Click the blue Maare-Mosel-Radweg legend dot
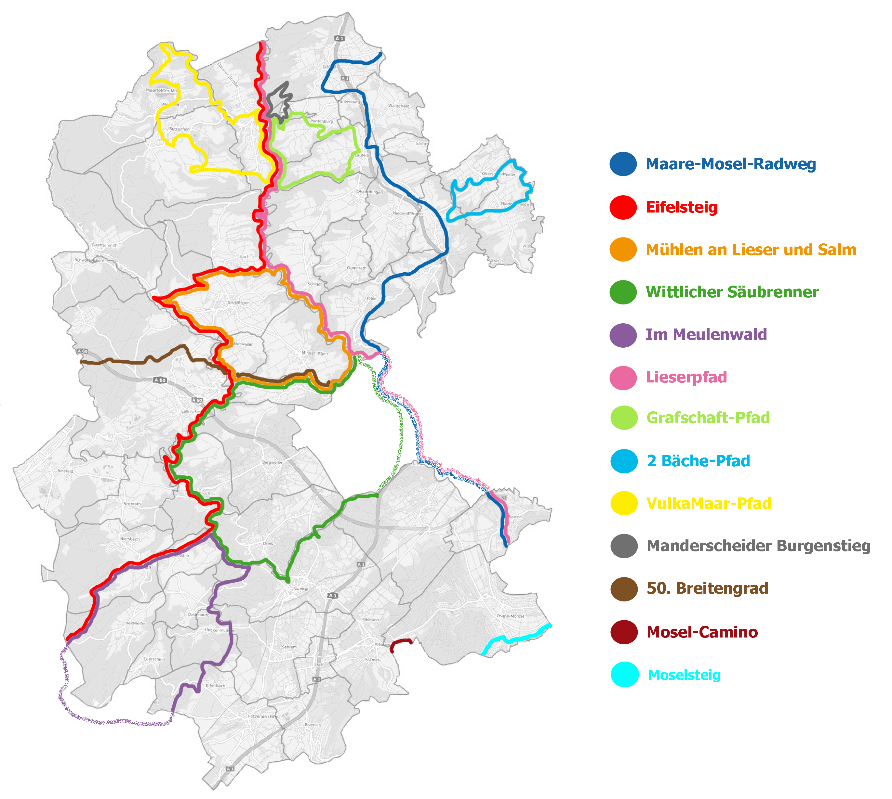[x=623, y=164]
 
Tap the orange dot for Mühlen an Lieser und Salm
[x=623, y=249]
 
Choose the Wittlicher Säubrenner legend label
[x=732, y=292]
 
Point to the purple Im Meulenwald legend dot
[x=623, y=335]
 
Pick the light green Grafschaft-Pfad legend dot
[x=624, y=418]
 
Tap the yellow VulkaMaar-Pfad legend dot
[x=624, y=503]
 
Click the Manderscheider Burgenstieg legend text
[x=758, y=546]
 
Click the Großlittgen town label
[x=239, y=303]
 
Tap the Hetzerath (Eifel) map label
[x=263, y=716]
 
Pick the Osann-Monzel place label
[x=510, y=616]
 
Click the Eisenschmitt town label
[x=104, y=245]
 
